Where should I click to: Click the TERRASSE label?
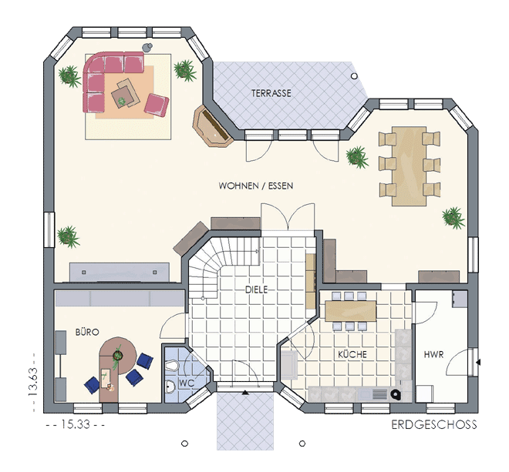tap(271, 93)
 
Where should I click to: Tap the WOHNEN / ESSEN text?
tap(256, 186)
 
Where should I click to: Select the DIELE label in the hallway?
tap(257, 290)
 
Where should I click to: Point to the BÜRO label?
tap(87, 332)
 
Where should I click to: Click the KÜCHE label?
tap(352, 354)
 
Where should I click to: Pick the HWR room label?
tap(433, 354)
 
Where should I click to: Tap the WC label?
tap(187, 383)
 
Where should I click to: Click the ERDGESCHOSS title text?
tap(434, 425)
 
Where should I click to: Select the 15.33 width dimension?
tap(76, 424)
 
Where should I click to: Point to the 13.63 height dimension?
tap(33, 382)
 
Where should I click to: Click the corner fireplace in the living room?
tap(213, 126)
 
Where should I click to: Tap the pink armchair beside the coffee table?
tap(157, 105)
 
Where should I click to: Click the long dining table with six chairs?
tap(409, 166)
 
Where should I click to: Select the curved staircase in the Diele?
tap(221, 266)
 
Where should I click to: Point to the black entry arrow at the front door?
tap(245, 393)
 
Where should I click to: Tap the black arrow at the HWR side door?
tap(478, 362)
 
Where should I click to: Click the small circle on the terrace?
tap(354, 76)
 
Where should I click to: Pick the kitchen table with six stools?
tap(351, 311)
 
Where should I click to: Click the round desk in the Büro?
tap(118, 356)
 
